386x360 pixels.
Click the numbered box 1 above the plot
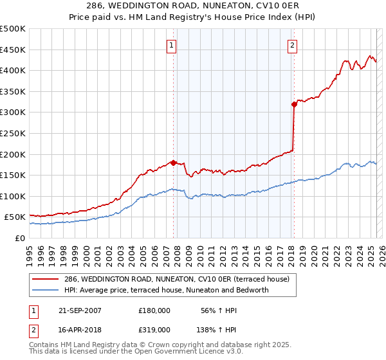[x=172, y=45]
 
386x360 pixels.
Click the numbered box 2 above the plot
[x=293, y=45]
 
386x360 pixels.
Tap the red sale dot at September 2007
[x=173, y=163]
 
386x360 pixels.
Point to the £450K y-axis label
[x=13, y=50]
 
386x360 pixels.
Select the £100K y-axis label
[x=13, y=196]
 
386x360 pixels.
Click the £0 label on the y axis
[x=19, y=238]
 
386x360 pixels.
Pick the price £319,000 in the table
[x=154, y=329]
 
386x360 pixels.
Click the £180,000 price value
[x=154, y=310]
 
